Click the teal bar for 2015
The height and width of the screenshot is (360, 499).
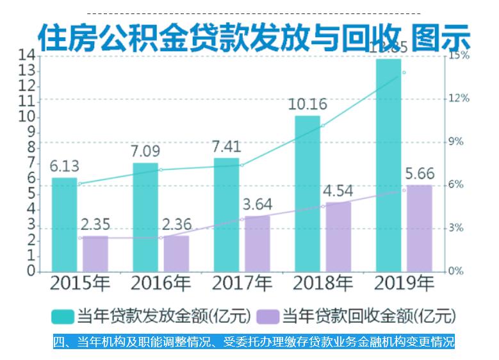(64, 224)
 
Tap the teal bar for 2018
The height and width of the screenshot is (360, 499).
(307, 193)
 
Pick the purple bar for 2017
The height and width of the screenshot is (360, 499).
(257, 243)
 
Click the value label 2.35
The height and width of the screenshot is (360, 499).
(95, 225)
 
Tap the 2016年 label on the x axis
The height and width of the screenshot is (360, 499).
(161, 283)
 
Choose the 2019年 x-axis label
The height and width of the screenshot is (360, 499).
(404, 283)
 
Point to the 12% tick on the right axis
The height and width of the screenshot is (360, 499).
(459, 98)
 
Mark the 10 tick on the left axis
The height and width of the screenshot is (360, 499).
(28, 117)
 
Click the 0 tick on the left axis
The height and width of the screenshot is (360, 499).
(30, 271)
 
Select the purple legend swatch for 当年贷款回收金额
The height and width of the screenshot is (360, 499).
(267, 316)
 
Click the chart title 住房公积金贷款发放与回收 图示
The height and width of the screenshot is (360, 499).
(253, 37)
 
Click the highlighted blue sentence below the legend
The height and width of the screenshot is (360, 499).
(253, 341)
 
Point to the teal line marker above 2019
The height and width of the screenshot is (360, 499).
(404, 72)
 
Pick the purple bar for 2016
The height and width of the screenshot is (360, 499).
(176, 253)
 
